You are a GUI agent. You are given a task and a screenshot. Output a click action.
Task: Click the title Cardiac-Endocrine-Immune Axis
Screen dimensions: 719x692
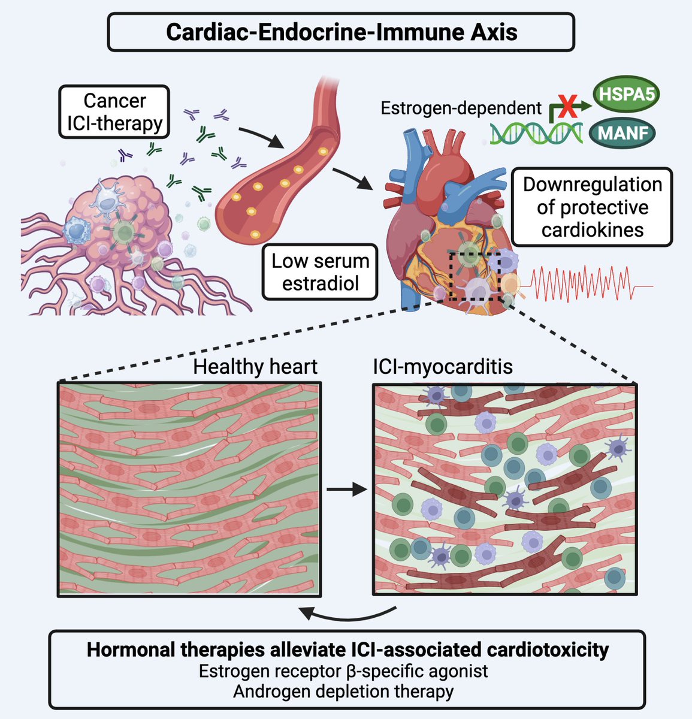point(341,32)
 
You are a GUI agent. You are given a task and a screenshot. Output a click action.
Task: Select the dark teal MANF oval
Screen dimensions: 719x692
point(623,133)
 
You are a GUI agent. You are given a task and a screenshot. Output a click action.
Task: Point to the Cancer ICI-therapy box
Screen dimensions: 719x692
point(114,111)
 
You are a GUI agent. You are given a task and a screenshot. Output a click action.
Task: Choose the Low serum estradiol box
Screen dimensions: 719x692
point(321,272)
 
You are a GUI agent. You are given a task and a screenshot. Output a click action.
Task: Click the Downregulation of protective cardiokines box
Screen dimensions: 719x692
point(592,207)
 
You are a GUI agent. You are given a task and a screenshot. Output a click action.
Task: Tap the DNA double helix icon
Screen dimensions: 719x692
point(536,132)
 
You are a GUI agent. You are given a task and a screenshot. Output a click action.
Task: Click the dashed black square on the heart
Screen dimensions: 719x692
point(475,275)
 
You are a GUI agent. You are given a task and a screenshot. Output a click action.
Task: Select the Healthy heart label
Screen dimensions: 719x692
point(255,366)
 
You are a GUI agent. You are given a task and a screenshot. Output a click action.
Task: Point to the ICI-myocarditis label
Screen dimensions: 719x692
point(443,366)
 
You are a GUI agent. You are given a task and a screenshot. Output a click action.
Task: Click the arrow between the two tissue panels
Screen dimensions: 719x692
point(347,490)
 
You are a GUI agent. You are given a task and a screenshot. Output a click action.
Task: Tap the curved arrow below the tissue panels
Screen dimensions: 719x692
point(347,614)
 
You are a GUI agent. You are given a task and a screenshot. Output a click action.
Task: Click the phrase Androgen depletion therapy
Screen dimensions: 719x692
point(343,691)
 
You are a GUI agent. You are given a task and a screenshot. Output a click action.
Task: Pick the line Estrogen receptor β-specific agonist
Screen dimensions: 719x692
point(343,670)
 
